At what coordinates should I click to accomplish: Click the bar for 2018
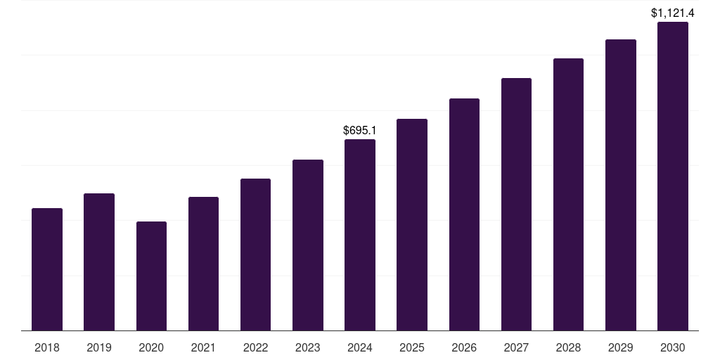point(47,269)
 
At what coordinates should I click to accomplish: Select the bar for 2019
point(99,262)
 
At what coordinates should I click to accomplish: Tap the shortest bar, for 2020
point(151,276)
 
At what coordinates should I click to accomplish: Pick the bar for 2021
point(203,264)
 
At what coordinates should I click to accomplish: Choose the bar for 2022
point(255,255)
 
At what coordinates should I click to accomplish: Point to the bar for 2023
point(308,245)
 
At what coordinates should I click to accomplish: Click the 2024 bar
point(360,235)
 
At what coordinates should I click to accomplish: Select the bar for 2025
point(412,224)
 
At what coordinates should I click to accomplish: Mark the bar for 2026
point(464,214)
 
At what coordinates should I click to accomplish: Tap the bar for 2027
point(516,204)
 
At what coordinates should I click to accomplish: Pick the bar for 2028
point(568,194)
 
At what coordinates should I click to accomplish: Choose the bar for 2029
point(621,185)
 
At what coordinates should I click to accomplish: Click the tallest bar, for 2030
point(673,176)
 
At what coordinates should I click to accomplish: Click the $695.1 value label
point(360,130)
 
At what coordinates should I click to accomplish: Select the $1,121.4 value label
point(673,13)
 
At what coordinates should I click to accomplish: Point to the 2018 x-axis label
point(47,347)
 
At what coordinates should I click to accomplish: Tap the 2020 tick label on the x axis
point(151,347)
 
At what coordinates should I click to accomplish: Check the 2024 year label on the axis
point(360,347)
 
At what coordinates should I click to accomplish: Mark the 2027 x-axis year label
point(516,347)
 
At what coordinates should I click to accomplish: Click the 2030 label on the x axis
point(673,347)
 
